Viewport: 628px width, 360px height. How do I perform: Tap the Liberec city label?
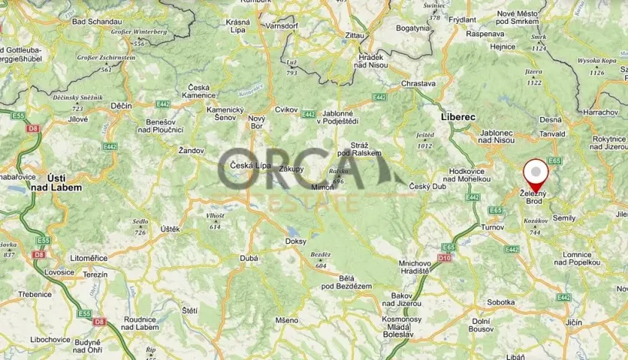457,117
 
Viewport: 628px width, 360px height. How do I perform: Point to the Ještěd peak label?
425,135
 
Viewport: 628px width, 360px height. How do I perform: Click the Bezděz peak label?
320,255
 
